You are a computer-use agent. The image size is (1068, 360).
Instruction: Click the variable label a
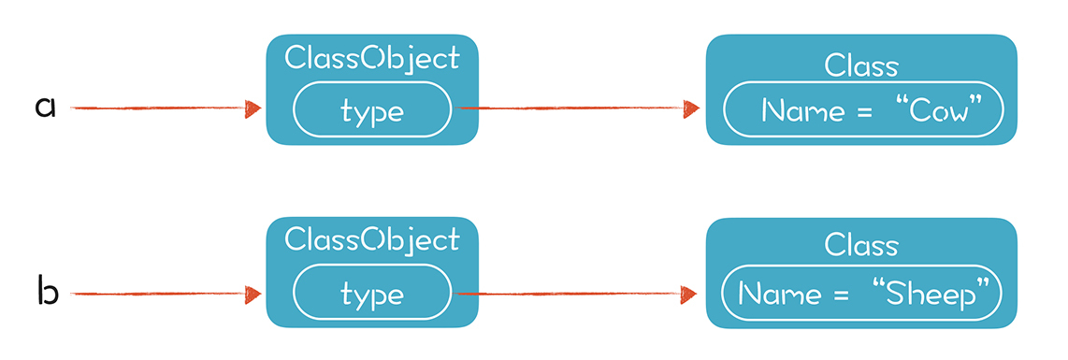pyautogui.click(x=44, y=108)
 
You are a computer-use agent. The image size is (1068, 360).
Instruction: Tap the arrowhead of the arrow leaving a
pyautogui.click(x=253, y=108)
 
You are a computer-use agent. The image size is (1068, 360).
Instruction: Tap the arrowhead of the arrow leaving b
pyautogui.click(x=253, y=294)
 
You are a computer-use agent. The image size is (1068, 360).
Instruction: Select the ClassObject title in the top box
pyautogui.click(x=372, y=59)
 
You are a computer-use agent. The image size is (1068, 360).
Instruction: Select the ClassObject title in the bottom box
pyautogui.click(x=372, y=241)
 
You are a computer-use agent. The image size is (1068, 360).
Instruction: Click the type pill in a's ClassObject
pyautogui.click(x=372, y=108)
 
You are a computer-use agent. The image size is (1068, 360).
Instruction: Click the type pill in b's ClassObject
pyautogui.click(x=372, y=294)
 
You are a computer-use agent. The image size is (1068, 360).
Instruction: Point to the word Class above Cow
pyautogui.click(x=861, y=66)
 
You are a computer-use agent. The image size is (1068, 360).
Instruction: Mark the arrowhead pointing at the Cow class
pyautogui.click(x=692, y=108)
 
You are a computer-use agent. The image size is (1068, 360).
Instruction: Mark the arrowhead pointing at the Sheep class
pyautogui.click(x=689, y=294)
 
